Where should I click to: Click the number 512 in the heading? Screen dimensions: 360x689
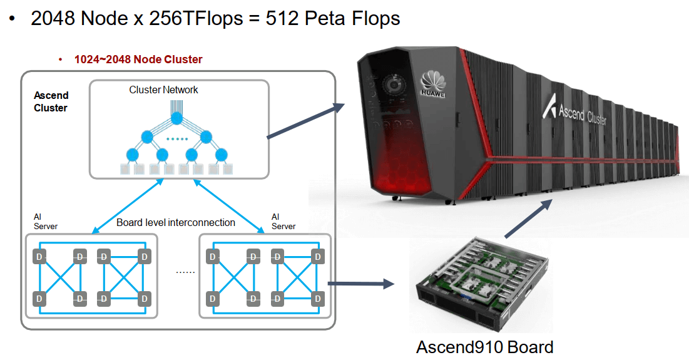click(x=282, y=18)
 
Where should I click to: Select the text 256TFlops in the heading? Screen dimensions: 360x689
click(x=196, y=18)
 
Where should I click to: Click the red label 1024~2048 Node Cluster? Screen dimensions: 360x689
click(x=138, y=59)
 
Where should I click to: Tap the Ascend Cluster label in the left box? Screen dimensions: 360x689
click(x=51, y=101)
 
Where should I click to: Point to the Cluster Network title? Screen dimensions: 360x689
click(x=163, y=90)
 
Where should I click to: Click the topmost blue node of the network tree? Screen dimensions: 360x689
click(x=177, y=118)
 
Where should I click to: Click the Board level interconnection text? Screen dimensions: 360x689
click(x=176, y=222)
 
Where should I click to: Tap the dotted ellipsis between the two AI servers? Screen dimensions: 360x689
click(x=185, y=272)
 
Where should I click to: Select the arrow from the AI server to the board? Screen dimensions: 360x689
click(x=360, y=284)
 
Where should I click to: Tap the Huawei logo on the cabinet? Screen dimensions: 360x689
click(x=432, y=85)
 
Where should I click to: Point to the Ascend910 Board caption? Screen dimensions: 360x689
click(x=484, y=347)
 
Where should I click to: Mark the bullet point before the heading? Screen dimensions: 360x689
click(x=12, y=19)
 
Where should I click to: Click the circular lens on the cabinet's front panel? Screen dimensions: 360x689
click(x=394, y=84)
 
